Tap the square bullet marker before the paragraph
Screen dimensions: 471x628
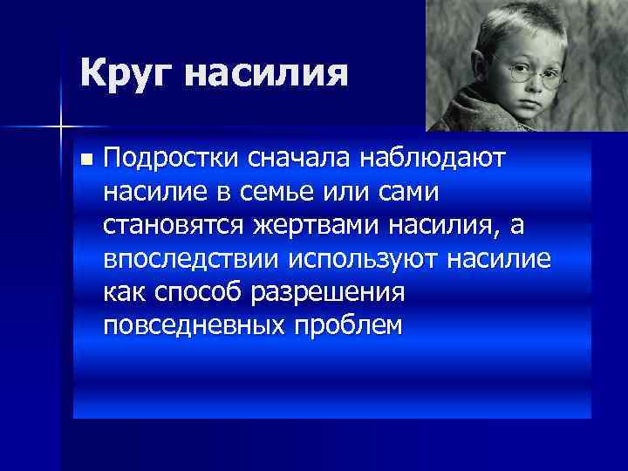click(x=84, y=160)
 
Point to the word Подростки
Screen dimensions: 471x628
click(x=173, y=159)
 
